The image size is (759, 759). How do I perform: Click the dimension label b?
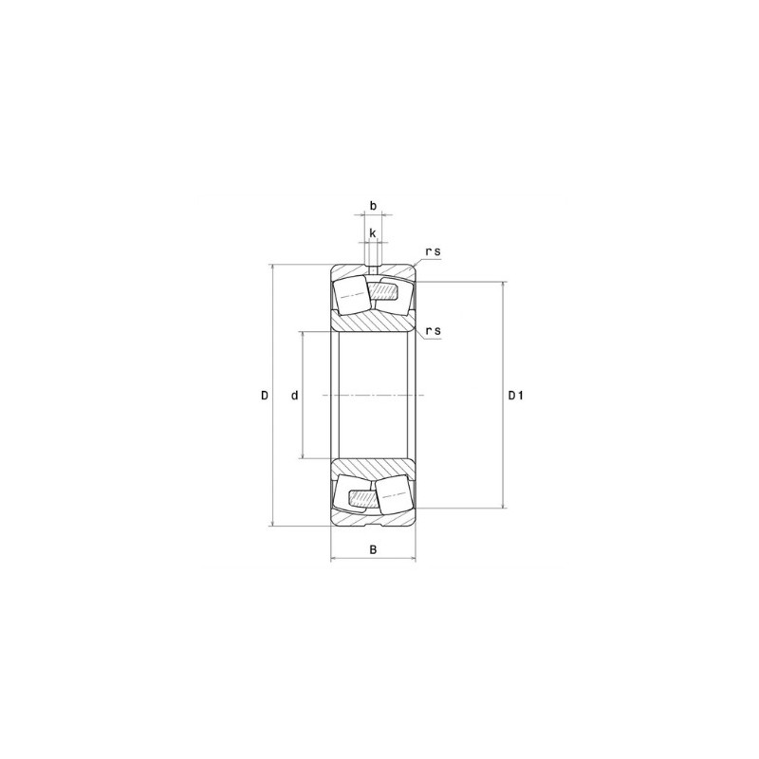[373, 205]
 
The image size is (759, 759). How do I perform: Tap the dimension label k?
[373, 232]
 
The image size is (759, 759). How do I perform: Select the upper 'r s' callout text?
[434, 250]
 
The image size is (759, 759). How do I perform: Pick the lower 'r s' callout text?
[434, 330]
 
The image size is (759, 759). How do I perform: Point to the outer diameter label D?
[265, 395]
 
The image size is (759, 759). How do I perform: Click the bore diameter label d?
[295, 395]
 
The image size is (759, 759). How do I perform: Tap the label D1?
[516, 395]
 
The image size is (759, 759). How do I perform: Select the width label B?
[373, 549]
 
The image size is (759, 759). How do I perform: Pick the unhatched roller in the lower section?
[393, 493]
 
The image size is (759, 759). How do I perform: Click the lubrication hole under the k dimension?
[373, 264]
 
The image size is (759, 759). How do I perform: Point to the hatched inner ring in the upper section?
[373, 322]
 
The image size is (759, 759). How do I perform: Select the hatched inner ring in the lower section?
[373, 468]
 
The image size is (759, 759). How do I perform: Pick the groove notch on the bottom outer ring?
[373, 522]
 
